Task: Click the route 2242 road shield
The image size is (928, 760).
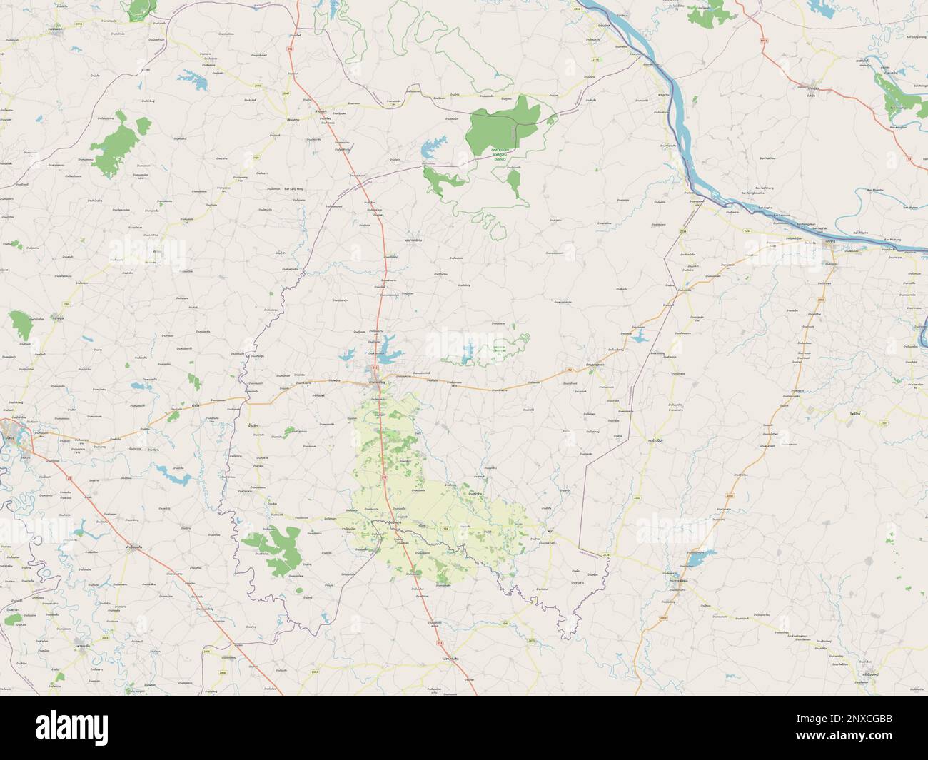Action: pyautogui.click(x=747, y=232)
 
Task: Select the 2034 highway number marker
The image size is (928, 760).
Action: pyautogui.click(x=682, y=232)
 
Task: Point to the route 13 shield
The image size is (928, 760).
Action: pyautogui.click(x=909, y=158)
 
